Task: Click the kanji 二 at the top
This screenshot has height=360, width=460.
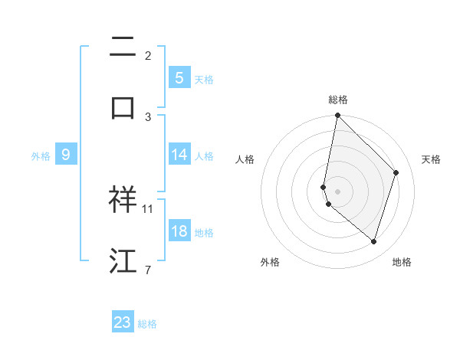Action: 123,47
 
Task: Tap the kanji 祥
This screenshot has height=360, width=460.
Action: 123,199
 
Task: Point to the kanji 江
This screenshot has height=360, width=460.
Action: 123,260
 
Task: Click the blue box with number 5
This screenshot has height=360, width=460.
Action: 179,77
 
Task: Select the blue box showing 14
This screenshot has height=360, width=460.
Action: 179,154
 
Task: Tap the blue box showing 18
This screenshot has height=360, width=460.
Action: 179,231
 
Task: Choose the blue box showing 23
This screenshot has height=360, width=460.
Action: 123,322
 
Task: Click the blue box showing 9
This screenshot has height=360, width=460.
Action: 66,155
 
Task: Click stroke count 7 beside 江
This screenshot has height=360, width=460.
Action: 147,270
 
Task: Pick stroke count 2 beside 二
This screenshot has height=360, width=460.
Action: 147,55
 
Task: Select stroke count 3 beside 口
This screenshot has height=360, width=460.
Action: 147,116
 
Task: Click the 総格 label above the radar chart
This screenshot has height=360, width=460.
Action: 337,100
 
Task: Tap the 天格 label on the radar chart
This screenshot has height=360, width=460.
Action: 431,159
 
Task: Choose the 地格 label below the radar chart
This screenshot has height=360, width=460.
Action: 402,262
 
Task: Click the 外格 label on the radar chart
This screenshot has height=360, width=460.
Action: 270,262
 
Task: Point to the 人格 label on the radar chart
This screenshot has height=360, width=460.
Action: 245,159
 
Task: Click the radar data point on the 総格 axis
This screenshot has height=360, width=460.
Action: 337,115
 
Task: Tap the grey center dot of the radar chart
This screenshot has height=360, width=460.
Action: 337,191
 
